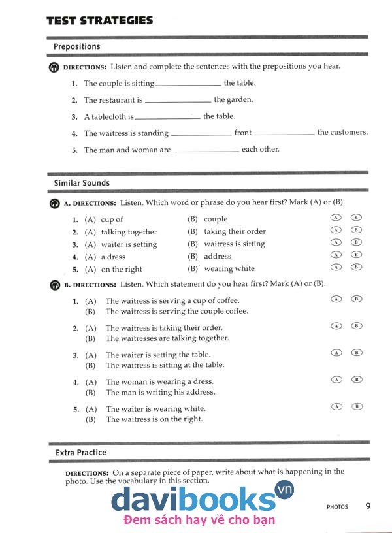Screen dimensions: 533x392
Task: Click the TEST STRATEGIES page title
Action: point(99,20)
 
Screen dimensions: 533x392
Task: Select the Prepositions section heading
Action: point(77,46)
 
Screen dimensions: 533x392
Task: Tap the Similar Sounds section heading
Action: point(82,183)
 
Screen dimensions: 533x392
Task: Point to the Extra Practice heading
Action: point(80,452)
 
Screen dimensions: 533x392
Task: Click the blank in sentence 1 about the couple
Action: point(188,84)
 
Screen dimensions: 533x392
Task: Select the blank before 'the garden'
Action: point(178,101)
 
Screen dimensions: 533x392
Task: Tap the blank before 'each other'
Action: point(206,150)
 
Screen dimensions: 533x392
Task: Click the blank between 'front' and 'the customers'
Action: point(284,133)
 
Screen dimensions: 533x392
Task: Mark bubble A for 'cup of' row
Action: point(336,218)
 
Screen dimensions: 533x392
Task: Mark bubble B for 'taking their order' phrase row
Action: point(356,230)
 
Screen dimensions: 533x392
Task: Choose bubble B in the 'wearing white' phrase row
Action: point(356,267)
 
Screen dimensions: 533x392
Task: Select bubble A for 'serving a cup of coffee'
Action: point(336,299)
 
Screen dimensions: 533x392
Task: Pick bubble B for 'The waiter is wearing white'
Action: point(356,406)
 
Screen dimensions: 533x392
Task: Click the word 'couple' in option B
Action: point(216,219)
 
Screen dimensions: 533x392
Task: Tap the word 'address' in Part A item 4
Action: point(218,257)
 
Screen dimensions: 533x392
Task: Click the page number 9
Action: point(368,506)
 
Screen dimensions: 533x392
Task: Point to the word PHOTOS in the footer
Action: point(337,506)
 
